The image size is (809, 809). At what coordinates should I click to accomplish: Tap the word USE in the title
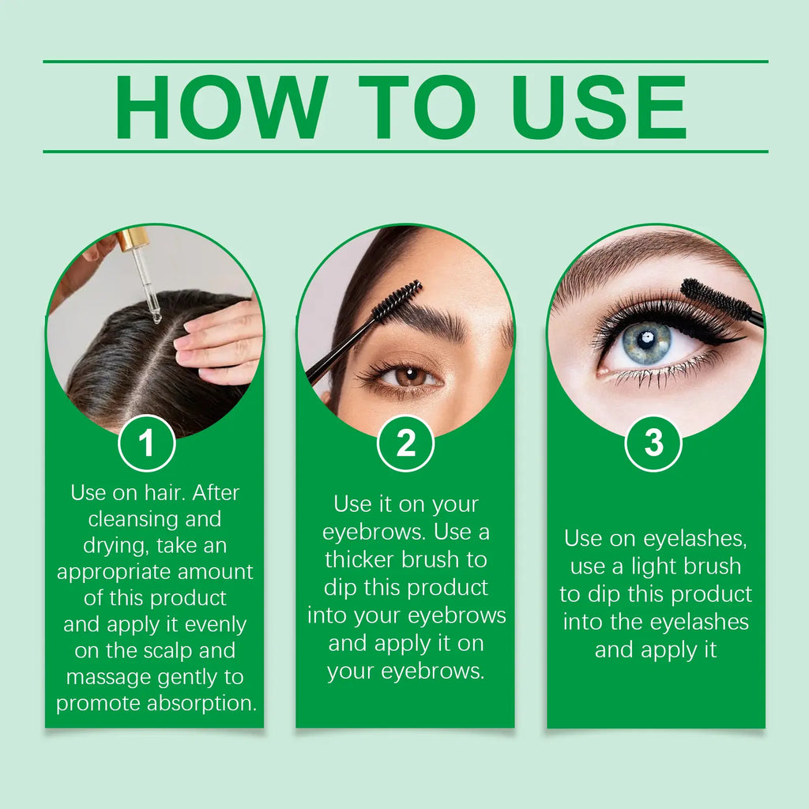tap(599, 107)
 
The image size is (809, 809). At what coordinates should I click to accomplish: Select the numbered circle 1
tap(147, 443)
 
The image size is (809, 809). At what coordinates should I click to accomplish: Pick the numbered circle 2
tap(405, 443)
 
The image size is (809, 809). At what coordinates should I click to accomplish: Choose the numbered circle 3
tap(653, 443)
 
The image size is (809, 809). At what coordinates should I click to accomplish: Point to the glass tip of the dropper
tap(156, 317)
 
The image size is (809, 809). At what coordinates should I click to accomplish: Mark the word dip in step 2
tap(340, 589)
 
